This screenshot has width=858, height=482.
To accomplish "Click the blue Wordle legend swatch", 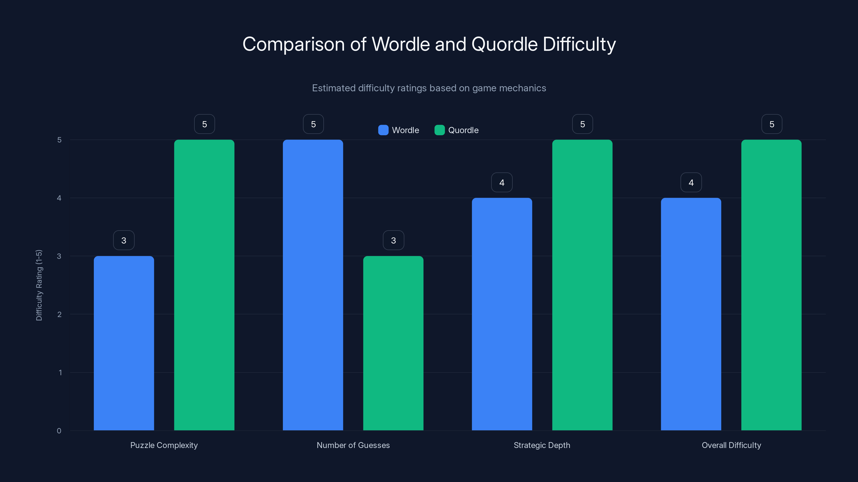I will pos(383,130).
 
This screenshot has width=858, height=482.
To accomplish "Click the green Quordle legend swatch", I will pos(439,130).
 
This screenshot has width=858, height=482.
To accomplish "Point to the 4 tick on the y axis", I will pos(59,198).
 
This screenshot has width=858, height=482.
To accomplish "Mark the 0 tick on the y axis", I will pos(59,431).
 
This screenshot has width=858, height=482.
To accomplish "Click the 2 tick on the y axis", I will pos(59,314).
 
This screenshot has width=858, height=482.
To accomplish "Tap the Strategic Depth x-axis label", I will pos(542,445).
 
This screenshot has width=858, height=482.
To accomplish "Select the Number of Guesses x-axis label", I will pos(353,445).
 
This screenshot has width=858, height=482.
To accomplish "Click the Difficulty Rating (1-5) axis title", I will pos(39,285).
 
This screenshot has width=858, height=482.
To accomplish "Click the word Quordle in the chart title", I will pos(504,44).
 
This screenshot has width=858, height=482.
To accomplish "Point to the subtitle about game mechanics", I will pos(429,88).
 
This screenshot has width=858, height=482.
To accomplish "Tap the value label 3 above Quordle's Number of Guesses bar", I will pos(393,240).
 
